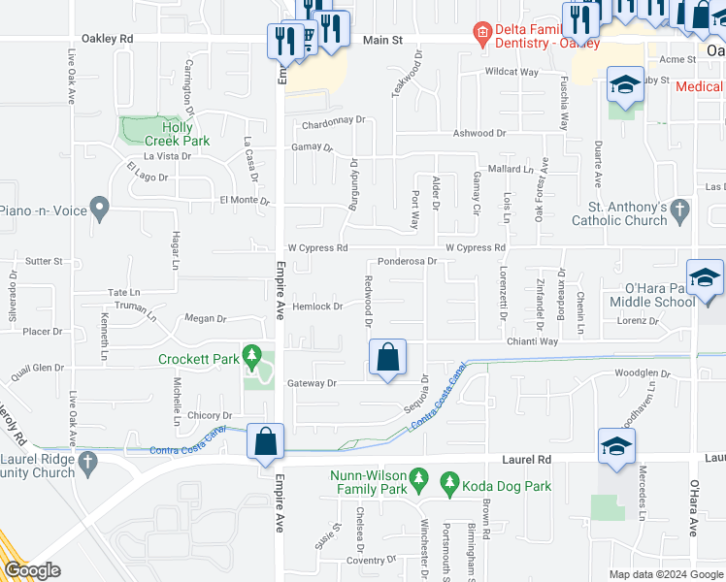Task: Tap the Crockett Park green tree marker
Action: pos(253,356)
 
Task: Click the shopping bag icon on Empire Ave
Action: pos(265,442)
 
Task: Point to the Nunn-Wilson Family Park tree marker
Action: pos(419,478)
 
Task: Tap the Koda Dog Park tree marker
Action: pos(448,482)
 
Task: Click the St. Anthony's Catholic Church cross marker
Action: pos(680,210)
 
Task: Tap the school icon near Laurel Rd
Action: pos(616,446)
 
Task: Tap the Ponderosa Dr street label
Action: pos(408,262)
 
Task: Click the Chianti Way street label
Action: pos(531,341)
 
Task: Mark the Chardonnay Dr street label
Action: pos(333,121)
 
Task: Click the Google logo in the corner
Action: pos(32,570)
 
